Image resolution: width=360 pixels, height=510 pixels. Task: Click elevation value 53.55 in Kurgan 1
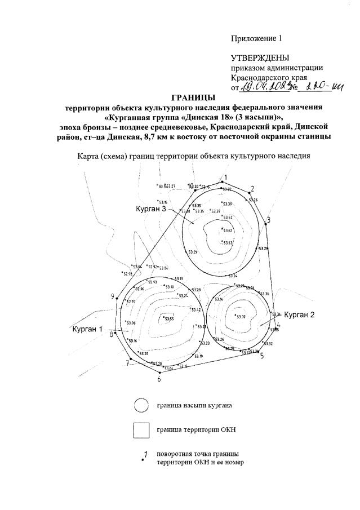(x=168, y=319)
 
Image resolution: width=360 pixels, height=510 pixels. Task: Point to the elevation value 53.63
(x=228, y=243)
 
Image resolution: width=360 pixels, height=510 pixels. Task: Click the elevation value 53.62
(x=228, y=230)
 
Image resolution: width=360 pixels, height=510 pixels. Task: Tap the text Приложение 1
(x=256, y=39)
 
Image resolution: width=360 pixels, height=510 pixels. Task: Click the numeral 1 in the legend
(x=145, y=455)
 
